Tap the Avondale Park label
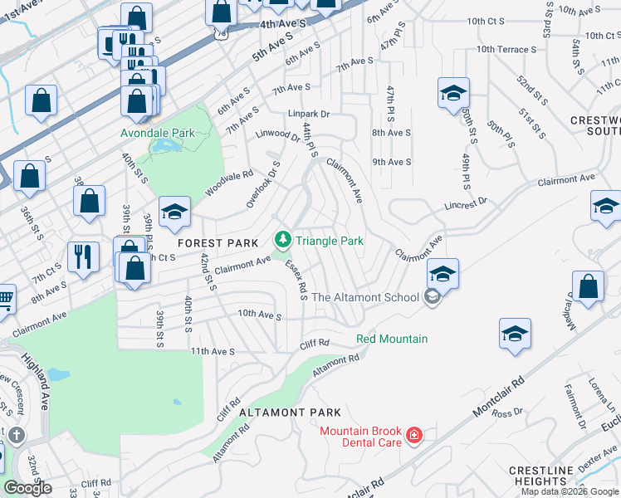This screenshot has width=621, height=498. [157, 133]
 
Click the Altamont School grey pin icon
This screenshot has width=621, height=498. [431, 297]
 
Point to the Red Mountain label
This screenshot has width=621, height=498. [392, 339]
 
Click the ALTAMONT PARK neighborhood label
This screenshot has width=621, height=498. [290, 413]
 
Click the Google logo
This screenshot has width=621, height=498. [28, 488]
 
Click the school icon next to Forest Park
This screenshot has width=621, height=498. [175, 213]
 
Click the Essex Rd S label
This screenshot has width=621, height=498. [296, 279]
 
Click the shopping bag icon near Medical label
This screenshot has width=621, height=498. [588, 286]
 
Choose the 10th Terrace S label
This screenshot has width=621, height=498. [506, 50]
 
